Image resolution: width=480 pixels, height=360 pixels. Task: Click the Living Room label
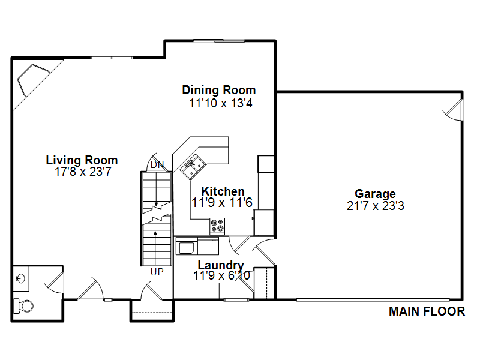[x=82, y=160]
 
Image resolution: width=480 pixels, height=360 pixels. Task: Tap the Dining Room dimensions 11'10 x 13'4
[x=221, y=103]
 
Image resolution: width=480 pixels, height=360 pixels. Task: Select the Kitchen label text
[x=223, y=191]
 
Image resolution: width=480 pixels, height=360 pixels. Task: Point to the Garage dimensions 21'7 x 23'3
[x=376, y=205]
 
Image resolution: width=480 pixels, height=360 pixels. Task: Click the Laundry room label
[x=221, y=265]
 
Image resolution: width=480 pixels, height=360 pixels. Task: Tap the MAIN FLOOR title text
[x=427, y=311]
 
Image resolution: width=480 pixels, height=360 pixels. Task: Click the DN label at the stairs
[x=157, y=164]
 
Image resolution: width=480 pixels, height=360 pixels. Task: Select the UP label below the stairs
[x=157, y=272]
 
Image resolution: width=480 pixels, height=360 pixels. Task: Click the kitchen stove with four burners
[x=217, y=226]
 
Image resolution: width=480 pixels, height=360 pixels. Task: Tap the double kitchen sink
[x=193, y=167]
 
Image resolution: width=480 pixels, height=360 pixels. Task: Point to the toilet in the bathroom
[x=23, y=305]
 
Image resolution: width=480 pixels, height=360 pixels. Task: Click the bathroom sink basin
[x=20, y=278]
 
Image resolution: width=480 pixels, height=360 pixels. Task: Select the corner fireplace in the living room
[x=33, y=80]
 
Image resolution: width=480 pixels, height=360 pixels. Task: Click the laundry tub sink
[x=186, y=247]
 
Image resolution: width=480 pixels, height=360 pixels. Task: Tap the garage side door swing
[x=453, y=110]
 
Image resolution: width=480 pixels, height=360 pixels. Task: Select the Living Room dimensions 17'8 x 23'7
[x=83, y=172]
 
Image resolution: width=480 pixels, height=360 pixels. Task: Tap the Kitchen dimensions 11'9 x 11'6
[x=222, y=203]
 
